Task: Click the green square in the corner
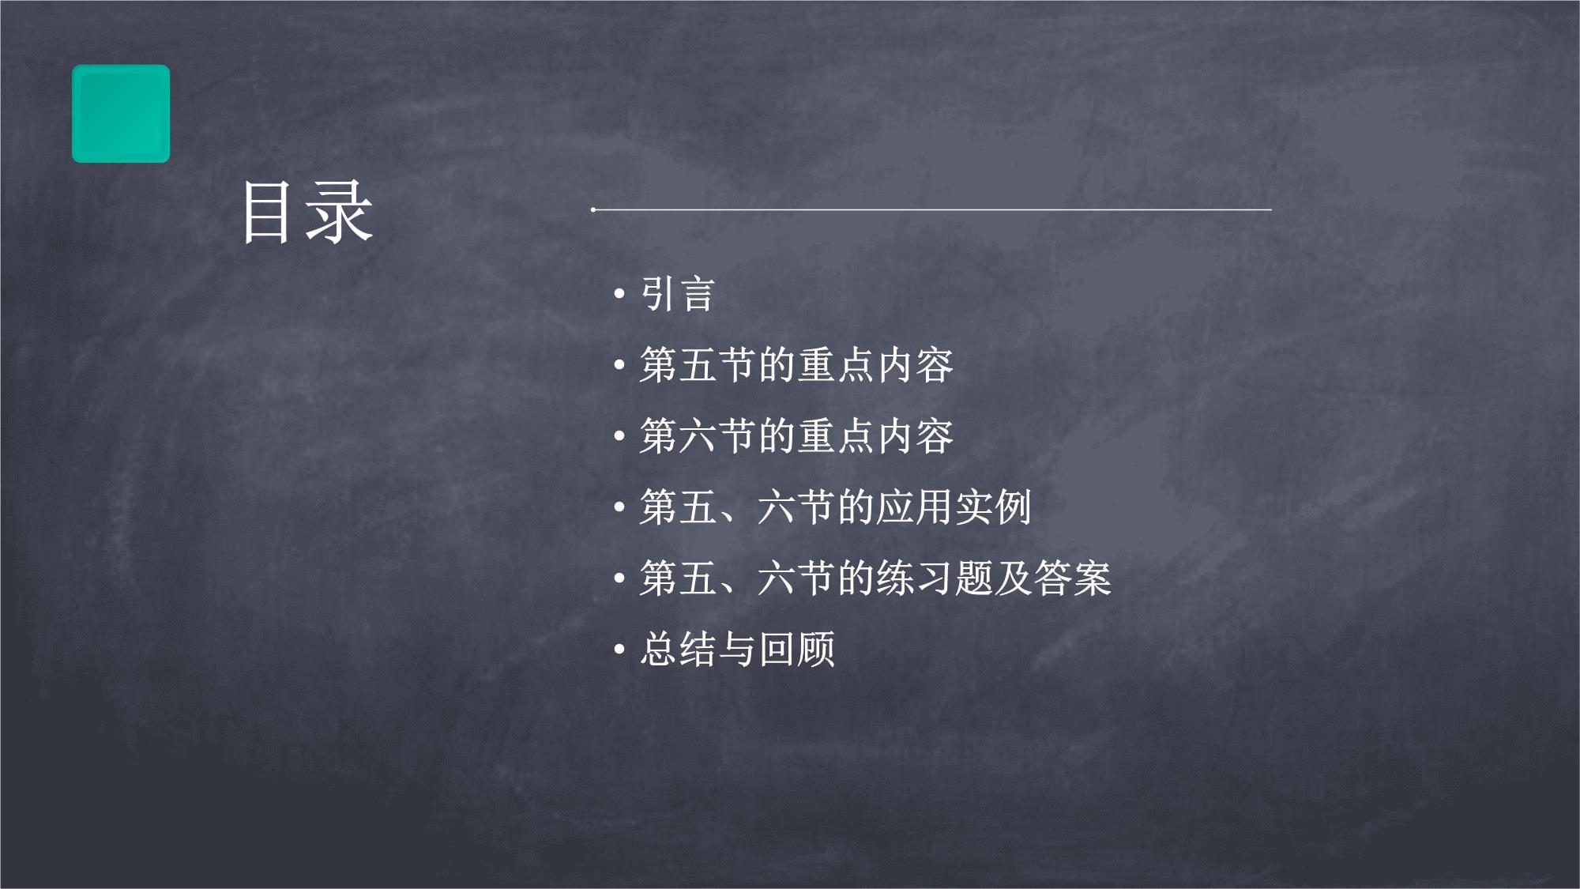click(121, 114)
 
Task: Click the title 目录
click(307, 211)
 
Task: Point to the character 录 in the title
click(339, 211)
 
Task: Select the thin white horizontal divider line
click(931, 209)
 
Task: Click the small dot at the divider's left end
click(593, 209)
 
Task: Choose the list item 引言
click(677, 294)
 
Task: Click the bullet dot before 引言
click(619, 295)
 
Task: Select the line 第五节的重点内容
click(796, 365)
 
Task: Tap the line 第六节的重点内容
click(796, 436)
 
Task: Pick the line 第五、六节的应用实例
click(836, 507)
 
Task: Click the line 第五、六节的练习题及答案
click(875, 578)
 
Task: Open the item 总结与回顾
click(737, 649)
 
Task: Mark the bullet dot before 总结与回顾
click(619, 650)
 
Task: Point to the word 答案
click(1072, 578)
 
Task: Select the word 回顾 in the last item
click(796, 649)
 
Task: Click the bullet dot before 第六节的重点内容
click(619, 437)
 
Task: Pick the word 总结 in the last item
click(678, 649)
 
